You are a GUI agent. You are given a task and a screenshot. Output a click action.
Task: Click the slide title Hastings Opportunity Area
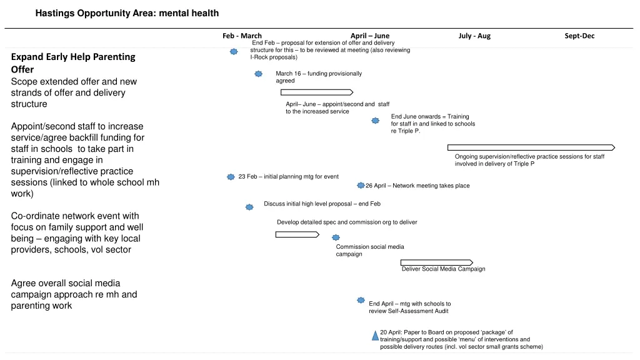(x=127, y=13)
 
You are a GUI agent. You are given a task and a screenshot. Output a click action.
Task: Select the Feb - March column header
(x=242, y=36)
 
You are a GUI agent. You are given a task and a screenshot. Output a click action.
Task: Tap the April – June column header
(x=369, y=36)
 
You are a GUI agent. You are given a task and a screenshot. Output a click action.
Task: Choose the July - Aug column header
(x=474, y=36)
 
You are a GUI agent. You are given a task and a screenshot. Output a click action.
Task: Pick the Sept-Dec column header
(x=579, y=36)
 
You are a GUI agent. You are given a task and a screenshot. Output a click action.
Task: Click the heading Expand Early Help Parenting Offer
(x=73, y=63)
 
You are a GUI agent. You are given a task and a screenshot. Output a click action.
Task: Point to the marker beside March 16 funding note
(x=259, y=74)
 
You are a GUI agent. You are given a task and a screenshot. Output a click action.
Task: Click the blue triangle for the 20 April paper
(x=376, y=336)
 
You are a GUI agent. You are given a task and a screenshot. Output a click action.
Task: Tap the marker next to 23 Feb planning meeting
(x=231, y=177)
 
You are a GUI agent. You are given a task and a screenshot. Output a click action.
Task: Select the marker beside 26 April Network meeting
(x=361, y=186)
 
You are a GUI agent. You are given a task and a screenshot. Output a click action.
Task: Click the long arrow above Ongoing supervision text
(x=531, y=147)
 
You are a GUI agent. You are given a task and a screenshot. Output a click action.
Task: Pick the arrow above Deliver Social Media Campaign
(x=436, y=262)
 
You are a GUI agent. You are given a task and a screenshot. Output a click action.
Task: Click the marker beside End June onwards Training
(x=376, y=121)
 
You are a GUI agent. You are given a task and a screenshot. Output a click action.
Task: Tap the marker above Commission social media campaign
(x=336, y=237)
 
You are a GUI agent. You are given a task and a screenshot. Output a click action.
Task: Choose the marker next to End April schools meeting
(x=361, y=301)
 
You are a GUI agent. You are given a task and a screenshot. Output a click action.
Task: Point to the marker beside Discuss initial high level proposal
(x=249, y=206)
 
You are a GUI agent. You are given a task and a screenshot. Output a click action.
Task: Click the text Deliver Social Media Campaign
(x=443, y=269)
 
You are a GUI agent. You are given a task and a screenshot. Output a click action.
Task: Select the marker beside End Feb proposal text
(x=234, y=51)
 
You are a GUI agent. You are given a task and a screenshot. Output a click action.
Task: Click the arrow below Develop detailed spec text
(x=297, y=234)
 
